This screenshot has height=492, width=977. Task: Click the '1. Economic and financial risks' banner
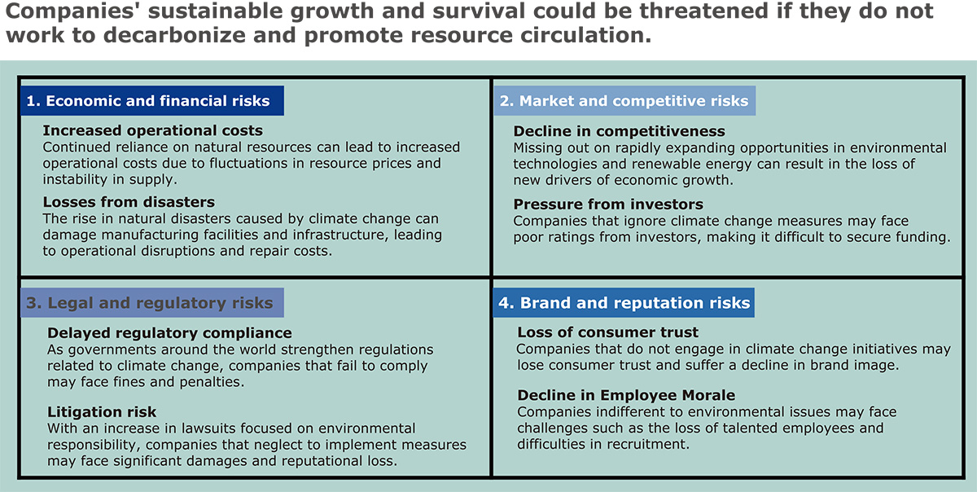coord(152,101)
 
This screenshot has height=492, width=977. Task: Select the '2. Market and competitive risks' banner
coord(624,101)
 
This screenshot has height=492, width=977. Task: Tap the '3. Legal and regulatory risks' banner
coord(152,302)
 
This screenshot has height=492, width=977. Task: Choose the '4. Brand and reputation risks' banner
coord(624,302)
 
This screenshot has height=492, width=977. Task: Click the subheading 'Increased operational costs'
coord(153,130)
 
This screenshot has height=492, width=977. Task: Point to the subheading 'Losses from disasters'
coord(129,202)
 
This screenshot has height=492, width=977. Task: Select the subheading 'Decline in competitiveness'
coord(620,131)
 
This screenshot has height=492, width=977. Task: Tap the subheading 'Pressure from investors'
coord(608,204)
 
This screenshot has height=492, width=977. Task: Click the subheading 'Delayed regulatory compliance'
coord(169,333)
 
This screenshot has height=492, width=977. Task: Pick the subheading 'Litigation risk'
coord(102,411)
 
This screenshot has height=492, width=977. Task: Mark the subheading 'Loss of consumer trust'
coord(608,332)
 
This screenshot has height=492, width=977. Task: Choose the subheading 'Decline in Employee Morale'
coord(626,395)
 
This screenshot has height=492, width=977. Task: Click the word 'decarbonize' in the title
coord(174,35)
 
